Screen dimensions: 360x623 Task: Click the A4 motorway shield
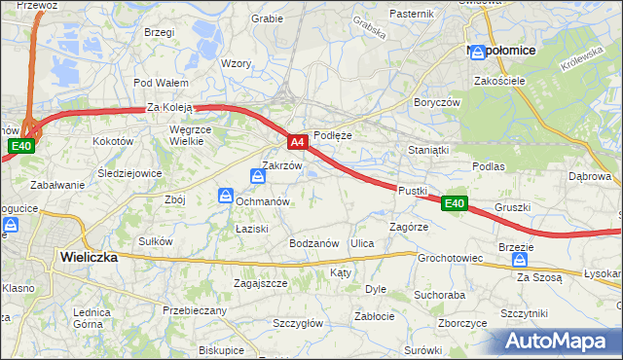299,142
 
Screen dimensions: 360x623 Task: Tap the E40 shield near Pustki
455,203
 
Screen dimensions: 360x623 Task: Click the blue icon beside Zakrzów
258,176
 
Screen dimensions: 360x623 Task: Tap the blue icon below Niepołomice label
478,54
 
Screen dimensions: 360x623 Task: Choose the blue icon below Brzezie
520,262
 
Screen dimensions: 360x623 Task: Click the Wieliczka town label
89,258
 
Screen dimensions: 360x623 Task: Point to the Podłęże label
332,136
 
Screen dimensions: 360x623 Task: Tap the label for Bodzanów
313,242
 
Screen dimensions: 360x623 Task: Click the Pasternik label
411,14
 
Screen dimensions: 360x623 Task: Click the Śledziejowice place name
129,173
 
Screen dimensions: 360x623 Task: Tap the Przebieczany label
195,310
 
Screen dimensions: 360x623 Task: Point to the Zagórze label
409,226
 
